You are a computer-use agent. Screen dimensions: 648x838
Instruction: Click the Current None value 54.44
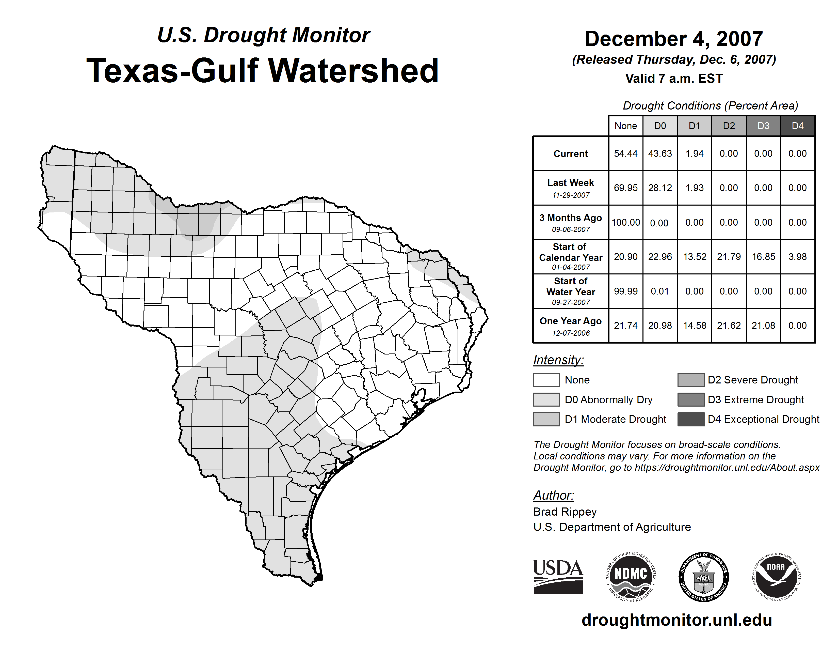pyautogui.click(x=625, y=153)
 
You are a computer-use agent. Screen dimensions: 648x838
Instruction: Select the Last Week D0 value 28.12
pyautogui.click(x=660, y=188)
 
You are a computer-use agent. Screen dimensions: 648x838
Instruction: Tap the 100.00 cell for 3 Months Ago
pyautogui.click(x=625, y=222)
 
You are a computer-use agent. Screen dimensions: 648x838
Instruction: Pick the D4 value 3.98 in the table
pyautogui.click(x=797, y=256)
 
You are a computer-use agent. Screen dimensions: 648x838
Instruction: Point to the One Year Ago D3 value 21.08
pyautogui.click(x=763, y=326)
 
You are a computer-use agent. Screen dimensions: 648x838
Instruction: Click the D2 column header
pyautogui.click(x=729, y=126)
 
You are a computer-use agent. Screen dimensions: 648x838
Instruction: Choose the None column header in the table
pyautogui.click(x=625, y=126)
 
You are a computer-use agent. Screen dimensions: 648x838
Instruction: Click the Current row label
pyautogui.click(x=571, y=153)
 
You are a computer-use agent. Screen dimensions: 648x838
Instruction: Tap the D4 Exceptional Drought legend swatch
pyautogui.click(x=691, y=419)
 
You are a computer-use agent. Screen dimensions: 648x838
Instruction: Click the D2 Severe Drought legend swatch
pyautogui.click(x=691, y=380)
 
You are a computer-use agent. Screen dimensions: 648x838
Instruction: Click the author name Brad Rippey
pyautogui.click(x=565, y=512)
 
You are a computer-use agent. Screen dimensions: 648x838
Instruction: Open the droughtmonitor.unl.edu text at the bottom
pyautogui.click(x=677, y=620)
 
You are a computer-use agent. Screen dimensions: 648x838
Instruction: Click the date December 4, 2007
pyautogui.click(x=674, y=39)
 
